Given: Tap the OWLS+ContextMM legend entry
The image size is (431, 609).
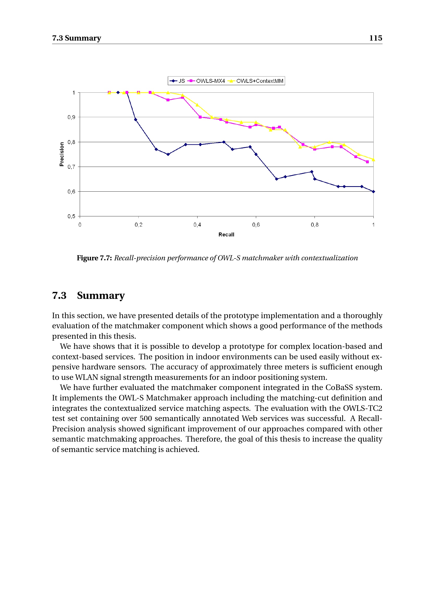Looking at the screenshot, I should (256, 81).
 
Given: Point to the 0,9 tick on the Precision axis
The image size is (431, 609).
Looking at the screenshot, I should (71, 117).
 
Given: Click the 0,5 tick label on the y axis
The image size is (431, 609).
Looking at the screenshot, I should (71, 216).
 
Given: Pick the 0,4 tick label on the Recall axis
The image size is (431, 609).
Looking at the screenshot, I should (197, 225).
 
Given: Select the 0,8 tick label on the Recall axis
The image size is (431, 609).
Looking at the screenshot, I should (315, 225).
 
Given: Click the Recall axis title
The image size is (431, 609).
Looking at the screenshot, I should (226, 235).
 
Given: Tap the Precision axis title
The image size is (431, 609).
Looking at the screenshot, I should (62, 154).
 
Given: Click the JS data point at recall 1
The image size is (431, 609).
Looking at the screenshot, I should (373, 192).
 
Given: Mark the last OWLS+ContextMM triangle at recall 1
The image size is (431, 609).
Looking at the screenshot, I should (373, 160).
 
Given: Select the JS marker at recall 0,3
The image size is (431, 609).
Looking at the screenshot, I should (168, 154).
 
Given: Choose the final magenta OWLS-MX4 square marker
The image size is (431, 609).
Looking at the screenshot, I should (367, 162).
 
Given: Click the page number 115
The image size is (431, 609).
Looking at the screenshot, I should (375, 38).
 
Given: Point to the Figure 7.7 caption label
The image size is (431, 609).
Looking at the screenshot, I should (94, 258).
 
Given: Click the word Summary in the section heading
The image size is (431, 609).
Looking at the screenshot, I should (101, 296).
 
